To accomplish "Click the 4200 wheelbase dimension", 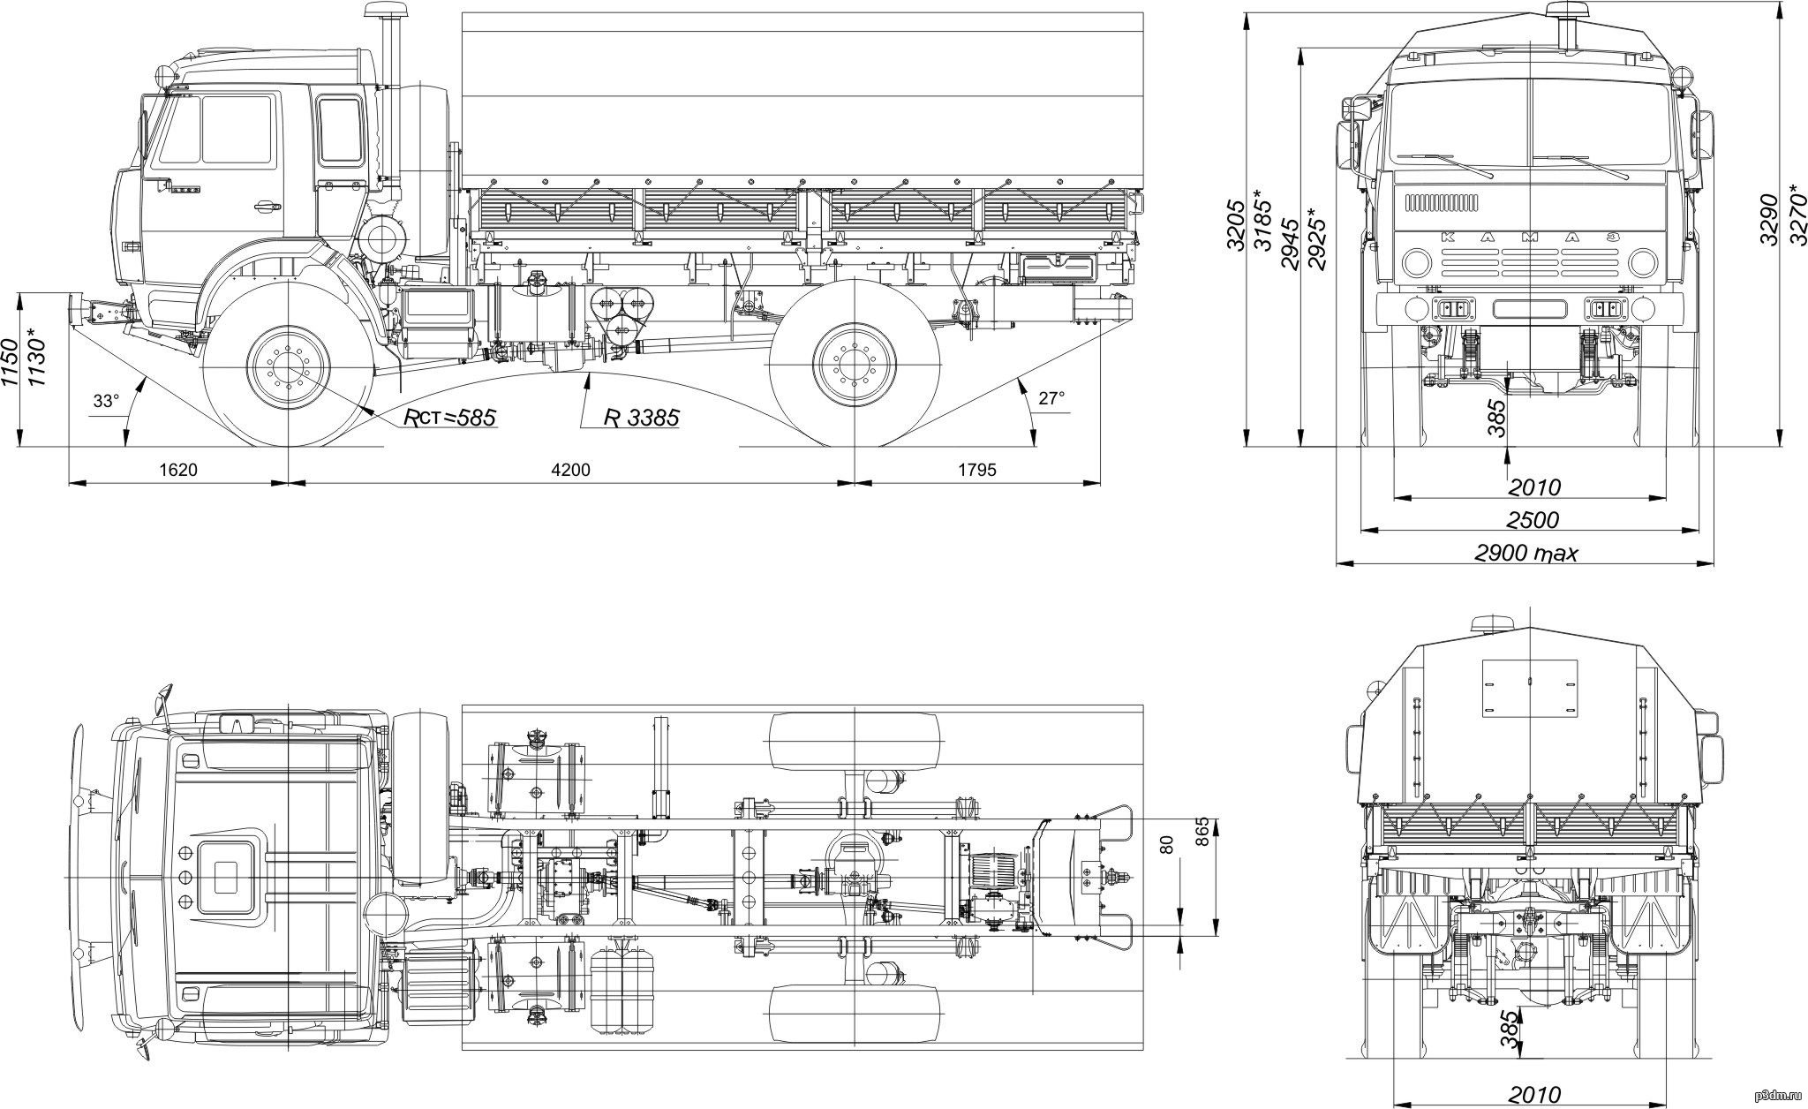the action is (x=570, y=469).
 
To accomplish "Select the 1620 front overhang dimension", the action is (x=179, y=469).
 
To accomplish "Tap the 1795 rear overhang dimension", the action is (x=976, y=469).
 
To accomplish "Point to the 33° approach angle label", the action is (x=106, y=401).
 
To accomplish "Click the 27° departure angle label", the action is (x=1051, y=398).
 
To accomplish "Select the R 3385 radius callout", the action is (x=642, y=418).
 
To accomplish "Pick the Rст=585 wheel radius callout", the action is (x=450, y=417).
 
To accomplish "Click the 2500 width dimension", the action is (x=1533, y=519).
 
